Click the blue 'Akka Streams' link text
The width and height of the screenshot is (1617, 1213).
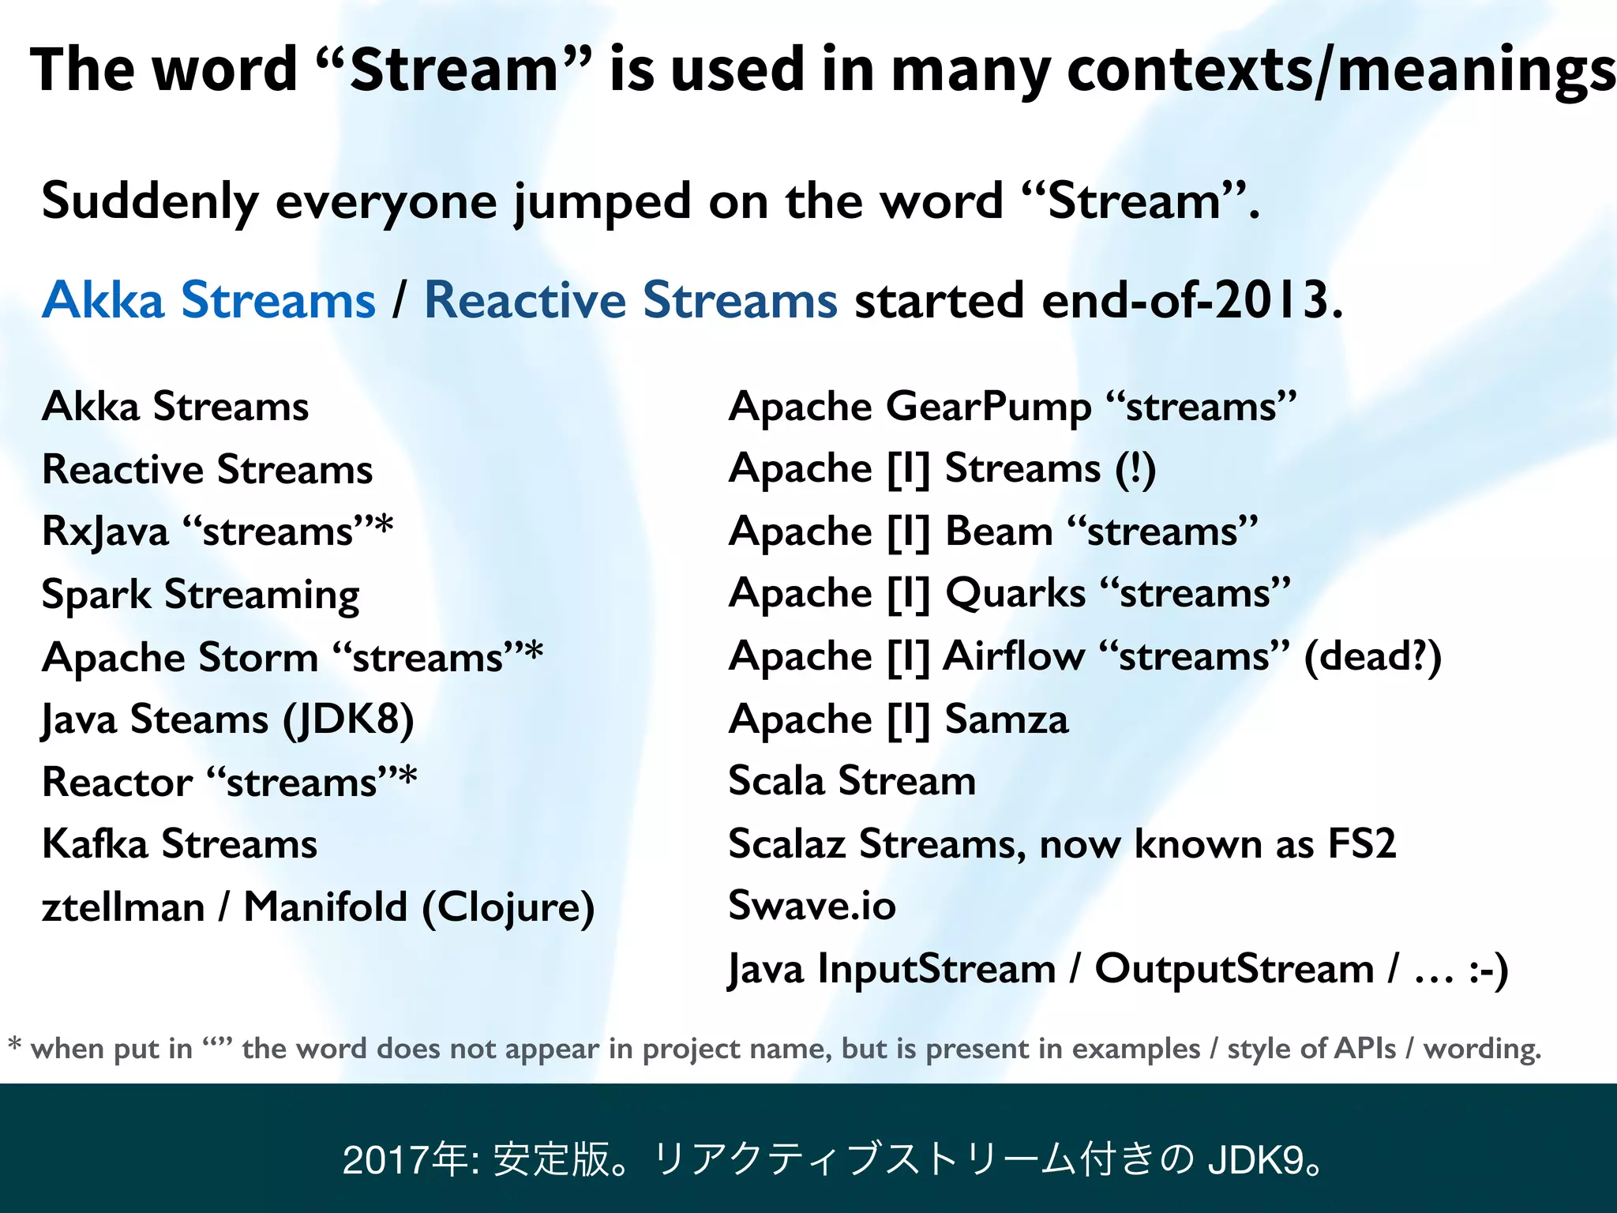tap(208, 300)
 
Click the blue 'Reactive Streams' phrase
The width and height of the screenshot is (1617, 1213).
tap(630, 300)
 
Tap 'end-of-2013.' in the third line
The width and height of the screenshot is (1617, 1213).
tap(1192, 300)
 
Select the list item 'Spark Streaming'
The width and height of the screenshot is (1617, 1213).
tap(201, 595)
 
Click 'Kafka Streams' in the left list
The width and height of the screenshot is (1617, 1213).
tap(179, 843)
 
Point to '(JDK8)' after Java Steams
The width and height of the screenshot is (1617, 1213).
tap(348, 719)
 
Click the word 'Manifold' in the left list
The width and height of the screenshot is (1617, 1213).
tap(325, 907)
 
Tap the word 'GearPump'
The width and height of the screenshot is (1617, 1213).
tap(989, 407)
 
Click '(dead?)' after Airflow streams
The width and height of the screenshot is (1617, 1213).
tap(1372, 656)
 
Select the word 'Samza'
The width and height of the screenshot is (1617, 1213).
tap(1007, 719)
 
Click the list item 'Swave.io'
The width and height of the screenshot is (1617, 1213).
tap(812, 905)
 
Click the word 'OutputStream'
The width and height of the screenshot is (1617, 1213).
tap(1233, 969)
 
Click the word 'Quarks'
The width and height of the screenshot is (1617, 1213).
tap(1015, 593)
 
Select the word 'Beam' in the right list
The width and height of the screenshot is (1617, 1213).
tap(999, 531)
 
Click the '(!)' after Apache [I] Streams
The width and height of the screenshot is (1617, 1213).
tap(1135, 469)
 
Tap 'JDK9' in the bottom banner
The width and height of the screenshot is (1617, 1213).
tap(1255, 1160)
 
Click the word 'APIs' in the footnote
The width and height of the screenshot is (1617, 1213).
tap(1364, 1049)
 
